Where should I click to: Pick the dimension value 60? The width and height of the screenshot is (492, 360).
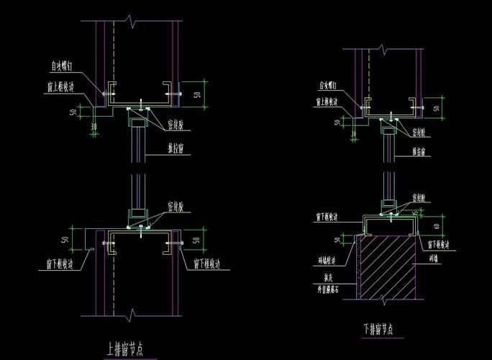click(437, 226)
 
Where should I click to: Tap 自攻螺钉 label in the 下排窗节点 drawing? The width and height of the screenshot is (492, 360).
click(329, 85)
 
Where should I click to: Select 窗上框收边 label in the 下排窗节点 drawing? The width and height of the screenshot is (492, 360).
click(327, 102)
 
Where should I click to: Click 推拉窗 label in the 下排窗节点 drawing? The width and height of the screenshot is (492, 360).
click(422, 152)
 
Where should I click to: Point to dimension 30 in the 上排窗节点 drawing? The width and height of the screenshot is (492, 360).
click(94, 127)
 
